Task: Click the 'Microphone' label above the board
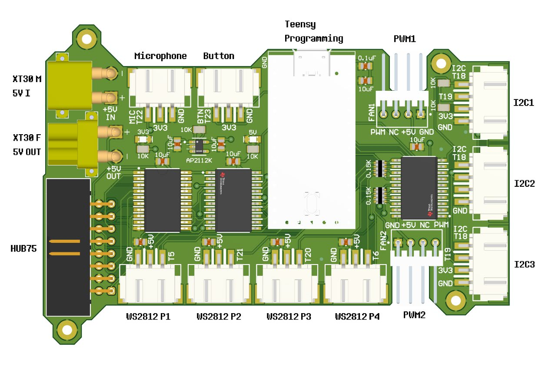coord(160,56)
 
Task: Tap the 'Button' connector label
coord(219,56)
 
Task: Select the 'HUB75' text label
coord(23,248)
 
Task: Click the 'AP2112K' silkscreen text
coord(199,160)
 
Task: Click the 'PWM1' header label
coord(404,39)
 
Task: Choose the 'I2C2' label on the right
coord(524,183)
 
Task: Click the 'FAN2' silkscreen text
coord(383,240)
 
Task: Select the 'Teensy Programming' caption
coord(313,31)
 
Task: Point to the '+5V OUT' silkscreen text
coord(113,172)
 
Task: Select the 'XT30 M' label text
coord(27,79)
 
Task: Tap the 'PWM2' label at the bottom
coord(414,315)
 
